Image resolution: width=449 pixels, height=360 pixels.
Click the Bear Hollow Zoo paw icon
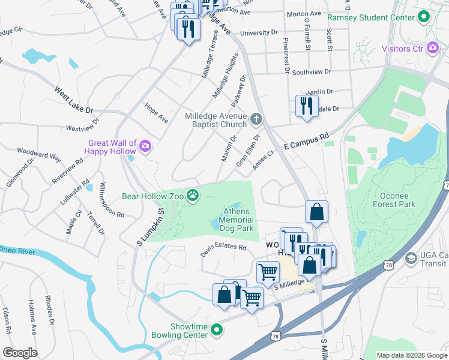(193, 196)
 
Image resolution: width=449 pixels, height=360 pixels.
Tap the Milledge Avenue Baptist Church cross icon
(256, 119)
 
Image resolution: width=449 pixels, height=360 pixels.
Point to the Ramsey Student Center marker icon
(424, 16)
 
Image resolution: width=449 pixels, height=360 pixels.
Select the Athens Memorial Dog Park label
(239, 220)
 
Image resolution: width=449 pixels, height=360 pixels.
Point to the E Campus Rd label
(307, 141)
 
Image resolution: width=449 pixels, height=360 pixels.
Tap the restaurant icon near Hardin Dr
(307, 106)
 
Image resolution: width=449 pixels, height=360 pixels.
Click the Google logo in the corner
(19, 353)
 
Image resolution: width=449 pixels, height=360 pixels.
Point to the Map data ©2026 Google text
(411, 355)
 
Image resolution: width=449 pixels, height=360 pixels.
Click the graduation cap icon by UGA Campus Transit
(411, 259)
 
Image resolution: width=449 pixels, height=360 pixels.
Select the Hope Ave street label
(155, 113)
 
